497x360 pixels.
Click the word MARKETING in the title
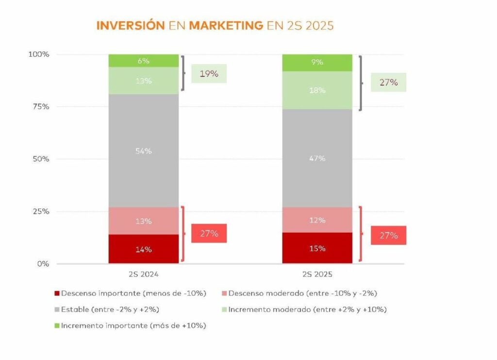point(226,25)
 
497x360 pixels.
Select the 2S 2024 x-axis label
point(144,274)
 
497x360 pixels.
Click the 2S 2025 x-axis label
point(317,274)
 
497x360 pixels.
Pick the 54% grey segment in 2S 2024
point(144,151)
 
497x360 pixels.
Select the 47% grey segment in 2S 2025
point(317,158)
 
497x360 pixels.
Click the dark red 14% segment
point(144,249)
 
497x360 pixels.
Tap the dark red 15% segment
point(317,248)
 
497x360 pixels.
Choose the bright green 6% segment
point(144,61)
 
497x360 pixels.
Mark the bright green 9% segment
point(317,62)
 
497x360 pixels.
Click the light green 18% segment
point(317,90)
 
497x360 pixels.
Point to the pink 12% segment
point(317,220)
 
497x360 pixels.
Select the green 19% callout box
point(209,74)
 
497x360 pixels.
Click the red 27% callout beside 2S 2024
point(209,233)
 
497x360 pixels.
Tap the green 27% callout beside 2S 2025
point(388,82)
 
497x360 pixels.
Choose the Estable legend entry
point(108,309)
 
